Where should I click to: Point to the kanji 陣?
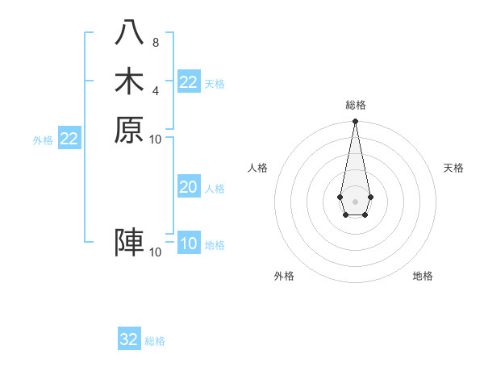pyautogui.click(x=129, y=242)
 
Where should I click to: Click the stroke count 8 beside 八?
pyautogui.click(x=155, y=43)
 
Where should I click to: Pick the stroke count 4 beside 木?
pyautogui.click(x=155, y=90)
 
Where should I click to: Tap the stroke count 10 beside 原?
pyautogui.click(x=156, y=139)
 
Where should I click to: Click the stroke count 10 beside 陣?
pyautogui.click(x=156, y=252)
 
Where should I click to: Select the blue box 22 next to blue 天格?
pyautogui.click(x=189, y=82)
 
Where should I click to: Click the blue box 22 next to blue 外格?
pyautogui.click(x=69, y=139)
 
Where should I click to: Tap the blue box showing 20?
pyautogui.click(x=189, y=187)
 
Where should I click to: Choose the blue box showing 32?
pyautogui.click(x=129, y=339)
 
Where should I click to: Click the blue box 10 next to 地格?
pyautogui.click(x=189, y=244)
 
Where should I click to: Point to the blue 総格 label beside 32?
pyautogui.click(x=155, y=341)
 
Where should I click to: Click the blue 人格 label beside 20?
pyautogui.click(x=215, y=189)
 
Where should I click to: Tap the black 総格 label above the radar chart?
pyautogui.click(x=355, y=105)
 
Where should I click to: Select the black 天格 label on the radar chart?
pyautogui.click(x=453, y=168)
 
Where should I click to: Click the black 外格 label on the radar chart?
pyautogui.click(x=284, y=276)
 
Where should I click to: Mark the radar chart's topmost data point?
pyautogui.click(x=355, y=122)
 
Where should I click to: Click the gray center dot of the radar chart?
pyautogui.click(x=355, y=201)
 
